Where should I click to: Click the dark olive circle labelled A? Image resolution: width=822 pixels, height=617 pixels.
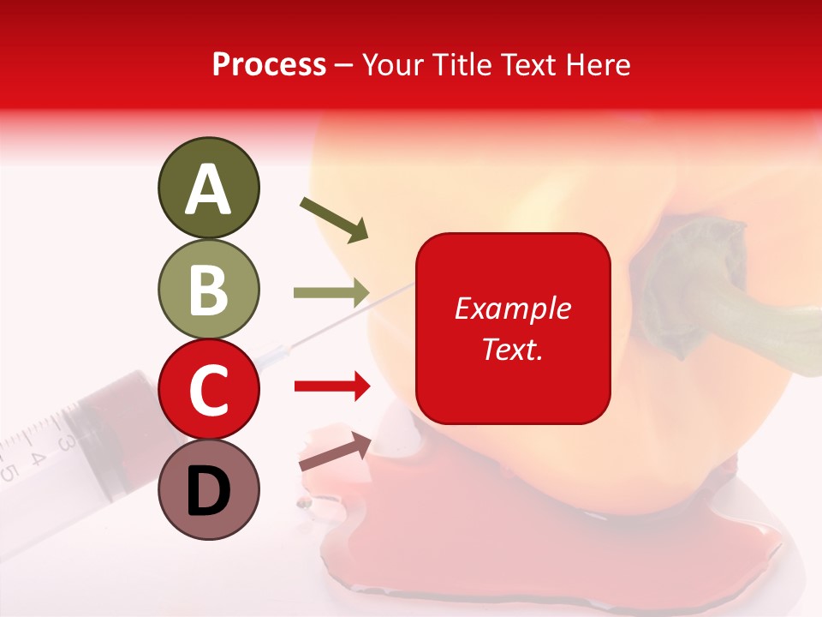coord(208,188)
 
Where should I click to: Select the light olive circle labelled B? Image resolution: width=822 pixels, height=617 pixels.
coord(208,289)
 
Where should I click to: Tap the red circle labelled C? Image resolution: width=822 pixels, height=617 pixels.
coord(208,389)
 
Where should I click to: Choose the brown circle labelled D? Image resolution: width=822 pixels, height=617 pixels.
coord(208,489)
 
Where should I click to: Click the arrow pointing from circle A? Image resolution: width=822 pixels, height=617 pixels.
coord(334,219)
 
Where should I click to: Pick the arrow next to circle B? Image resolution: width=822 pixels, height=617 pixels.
coord(331,293)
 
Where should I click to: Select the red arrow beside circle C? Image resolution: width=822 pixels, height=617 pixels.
coord(331,386)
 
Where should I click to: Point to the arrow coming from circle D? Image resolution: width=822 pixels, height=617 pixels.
coord(335,452)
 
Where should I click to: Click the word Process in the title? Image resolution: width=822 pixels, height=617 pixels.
coord(269,64)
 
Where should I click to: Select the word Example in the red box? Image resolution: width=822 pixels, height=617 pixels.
coord(512,308)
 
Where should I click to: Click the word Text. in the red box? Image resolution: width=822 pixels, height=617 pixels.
coord(512,349)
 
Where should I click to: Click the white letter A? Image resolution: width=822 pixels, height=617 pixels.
coord(208,189)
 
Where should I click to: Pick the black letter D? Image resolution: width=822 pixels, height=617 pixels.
coord(208,491)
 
